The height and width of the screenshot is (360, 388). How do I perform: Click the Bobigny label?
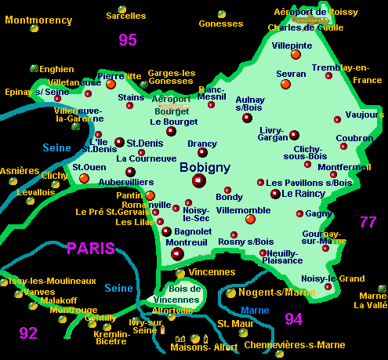[x=204, y=167]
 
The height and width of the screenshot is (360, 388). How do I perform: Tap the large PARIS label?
[x=91, y=249]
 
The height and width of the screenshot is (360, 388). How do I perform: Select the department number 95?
[x=128, y=39]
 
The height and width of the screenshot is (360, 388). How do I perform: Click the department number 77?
[x=368, y=222]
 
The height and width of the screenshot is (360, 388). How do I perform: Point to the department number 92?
[x=28, y=333]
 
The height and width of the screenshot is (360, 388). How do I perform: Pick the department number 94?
[x=293, y=318]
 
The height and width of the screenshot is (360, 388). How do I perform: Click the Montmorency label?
[x=38, y=20]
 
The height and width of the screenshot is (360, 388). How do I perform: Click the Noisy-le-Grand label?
[x=333, y=278]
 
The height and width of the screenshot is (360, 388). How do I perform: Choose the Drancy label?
[x=202, y=144]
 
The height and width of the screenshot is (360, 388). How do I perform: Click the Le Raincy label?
[x=303, y=193]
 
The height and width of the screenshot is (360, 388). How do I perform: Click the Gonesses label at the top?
[x=221, y=24]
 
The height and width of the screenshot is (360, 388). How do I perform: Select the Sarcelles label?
[x=125, y=15]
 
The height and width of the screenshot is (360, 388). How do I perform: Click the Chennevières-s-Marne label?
[x=295, y=344]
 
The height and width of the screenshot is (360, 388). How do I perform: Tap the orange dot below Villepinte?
[x=296, y=55]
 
